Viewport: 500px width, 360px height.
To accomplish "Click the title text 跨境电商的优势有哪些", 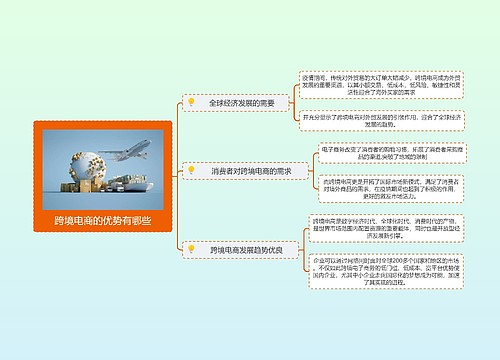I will pos(103,220).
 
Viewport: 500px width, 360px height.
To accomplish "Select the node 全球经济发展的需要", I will pos(241,103).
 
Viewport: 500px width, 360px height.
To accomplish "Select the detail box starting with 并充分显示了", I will pos(383,121).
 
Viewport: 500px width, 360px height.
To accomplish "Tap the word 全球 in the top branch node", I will pos(216,103).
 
